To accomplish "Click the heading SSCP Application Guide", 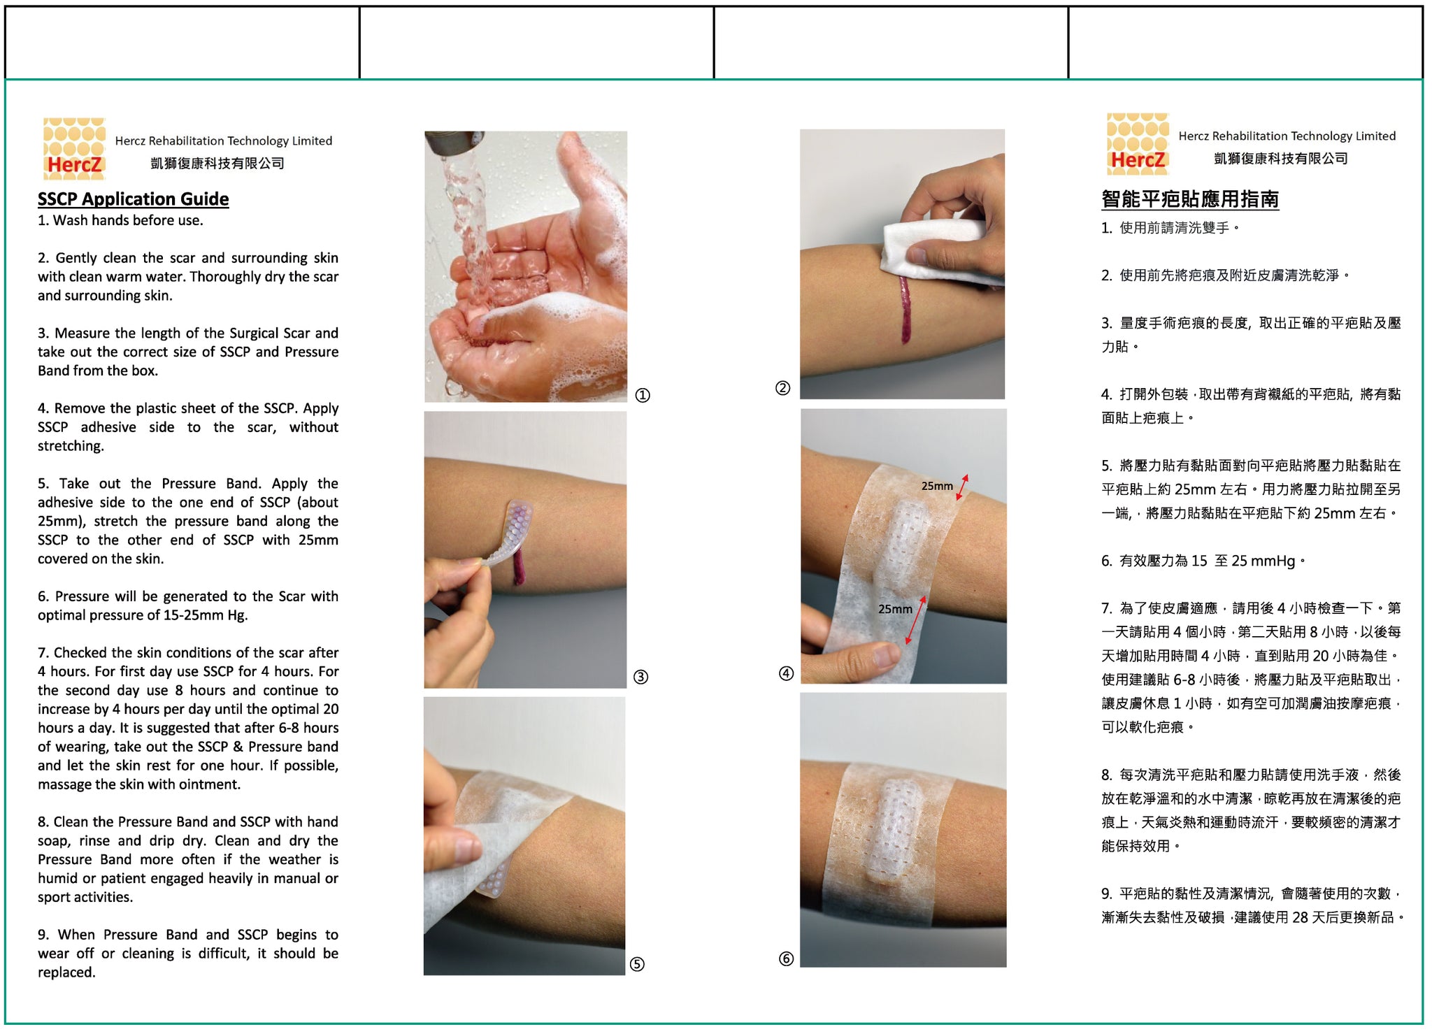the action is [x=133, y=199].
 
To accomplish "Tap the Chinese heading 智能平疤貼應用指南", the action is [x=1190, y=199].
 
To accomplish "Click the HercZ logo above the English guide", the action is [x=74, y=148].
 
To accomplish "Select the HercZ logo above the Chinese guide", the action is [x=1138, y=143].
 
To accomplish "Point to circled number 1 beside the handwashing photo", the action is [x=643, y=395].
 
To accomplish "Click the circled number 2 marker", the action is [x=783, y=388].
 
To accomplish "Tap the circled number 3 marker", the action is [x=640, y=677].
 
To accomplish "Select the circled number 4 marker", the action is [x=786, y=673].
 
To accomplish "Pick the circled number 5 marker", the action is [x=637, y=964].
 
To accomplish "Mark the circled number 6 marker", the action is [x=786, y=958].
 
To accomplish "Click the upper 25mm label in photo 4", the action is [x=937, y=486].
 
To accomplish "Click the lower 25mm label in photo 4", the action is [x=895, y=609].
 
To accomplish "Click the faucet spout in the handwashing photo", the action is [x=454, y=143].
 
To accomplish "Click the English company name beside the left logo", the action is [x=224, y=141].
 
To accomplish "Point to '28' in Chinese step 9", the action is [x=1300, y=917].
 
